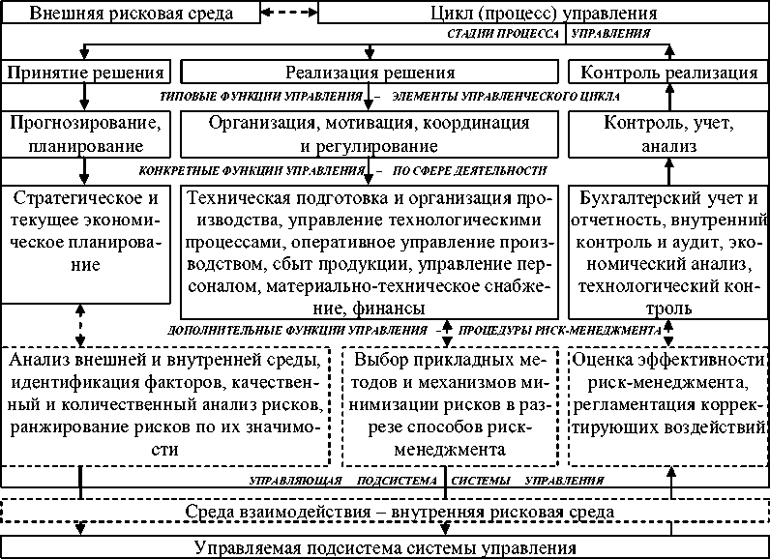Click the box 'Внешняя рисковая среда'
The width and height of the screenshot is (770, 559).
[x=130, y=14]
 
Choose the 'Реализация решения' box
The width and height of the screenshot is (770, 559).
[x=370, y=73]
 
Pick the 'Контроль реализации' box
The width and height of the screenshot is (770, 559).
[x=668, y=73]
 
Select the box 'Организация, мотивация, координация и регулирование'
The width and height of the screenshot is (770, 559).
[x=370, y=134]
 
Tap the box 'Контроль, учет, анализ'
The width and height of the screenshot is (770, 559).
[x=668, y=134]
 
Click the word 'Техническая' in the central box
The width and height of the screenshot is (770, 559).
[x=238, y=200]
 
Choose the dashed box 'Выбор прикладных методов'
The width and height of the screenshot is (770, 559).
[x=451, y=405]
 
